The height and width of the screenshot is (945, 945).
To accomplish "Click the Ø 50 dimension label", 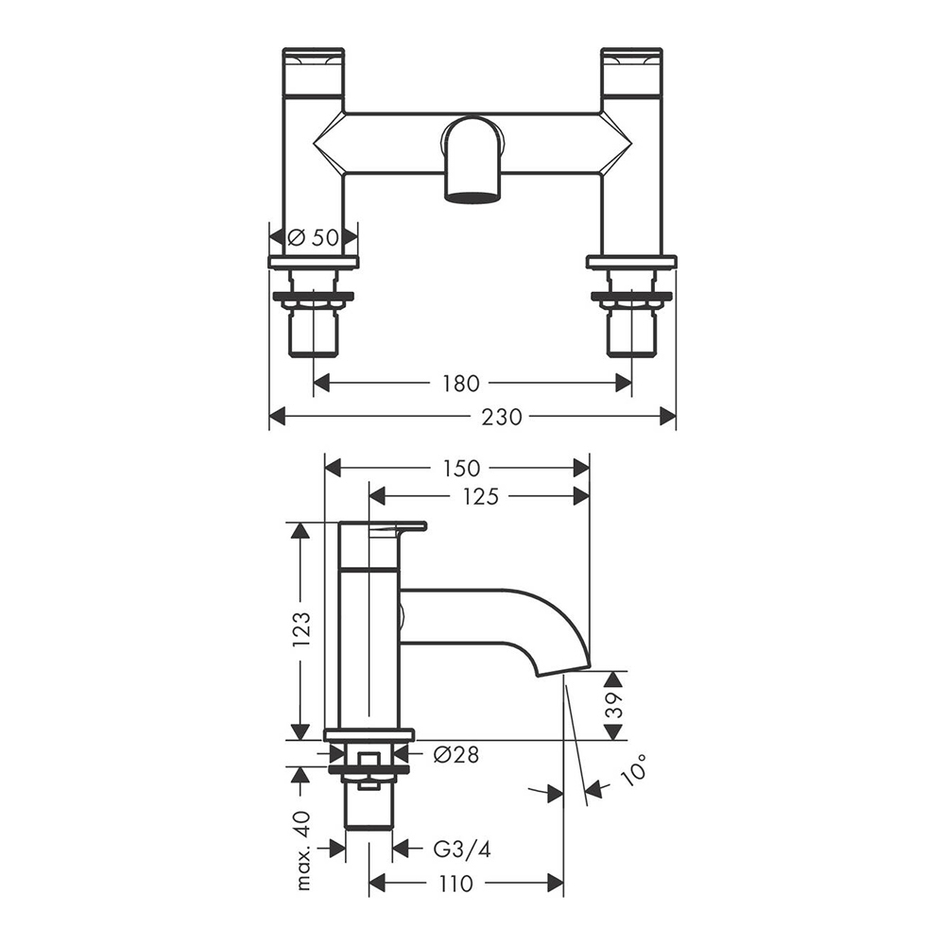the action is (x=313, y=237).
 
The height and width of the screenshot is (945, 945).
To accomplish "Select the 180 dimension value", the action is (x=461, y=384).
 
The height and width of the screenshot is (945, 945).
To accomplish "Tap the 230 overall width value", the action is (x=502, y=417).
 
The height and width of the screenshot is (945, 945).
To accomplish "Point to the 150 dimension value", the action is (x=462, y=469).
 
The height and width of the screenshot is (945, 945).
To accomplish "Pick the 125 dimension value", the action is (x=481, y=497).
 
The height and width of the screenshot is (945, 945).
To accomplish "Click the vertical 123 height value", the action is (x=301, y=629).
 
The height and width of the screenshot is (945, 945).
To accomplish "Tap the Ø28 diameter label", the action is (x=456, y=754).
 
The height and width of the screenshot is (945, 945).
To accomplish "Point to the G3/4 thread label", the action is (x=462, y=850).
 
